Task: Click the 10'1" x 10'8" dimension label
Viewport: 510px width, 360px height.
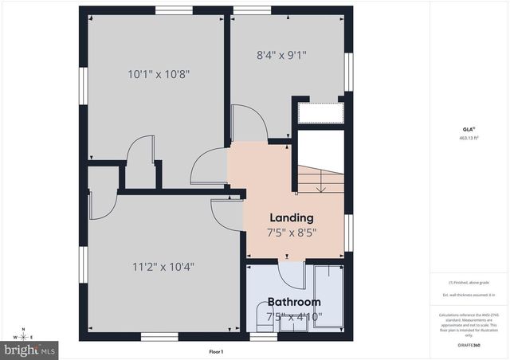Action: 159,74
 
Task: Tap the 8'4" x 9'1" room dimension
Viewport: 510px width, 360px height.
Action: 280,56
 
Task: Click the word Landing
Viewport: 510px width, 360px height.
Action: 291,217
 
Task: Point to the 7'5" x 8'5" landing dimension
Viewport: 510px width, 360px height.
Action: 291,233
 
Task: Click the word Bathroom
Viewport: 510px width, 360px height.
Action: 293,302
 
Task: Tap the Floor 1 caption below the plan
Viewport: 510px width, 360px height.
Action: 215,352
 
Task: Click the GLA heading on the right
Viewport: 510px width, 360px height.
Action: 468,127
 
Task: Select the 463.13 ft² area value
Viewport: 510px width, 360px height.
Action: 468,138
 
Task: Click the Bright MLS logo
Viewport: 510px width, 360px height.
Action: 30,349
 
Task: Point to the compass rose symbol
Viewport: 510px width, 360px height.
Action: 25,335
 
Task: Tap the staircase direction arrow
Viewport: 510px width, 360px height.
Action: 321,186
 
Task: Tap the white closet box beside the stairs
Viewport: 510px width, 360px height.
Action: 319,112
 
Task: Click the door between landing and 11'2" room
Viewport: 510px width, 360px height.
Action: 226,214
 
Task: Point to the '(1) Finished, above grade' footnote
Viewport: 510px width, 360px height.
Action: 468,283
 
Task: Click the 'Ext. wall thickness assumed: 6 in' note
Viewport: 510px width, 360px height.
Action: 468,295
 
